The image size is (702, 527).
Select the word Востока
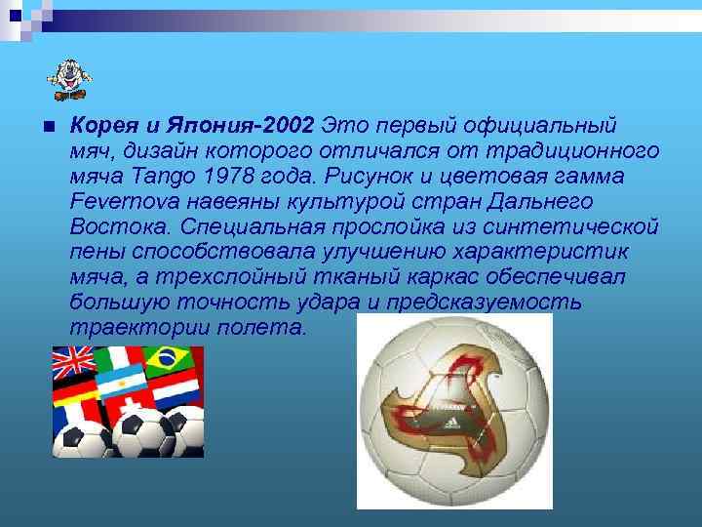[114, 225]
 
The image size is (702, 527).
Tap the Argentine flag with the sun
[120, 375]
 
